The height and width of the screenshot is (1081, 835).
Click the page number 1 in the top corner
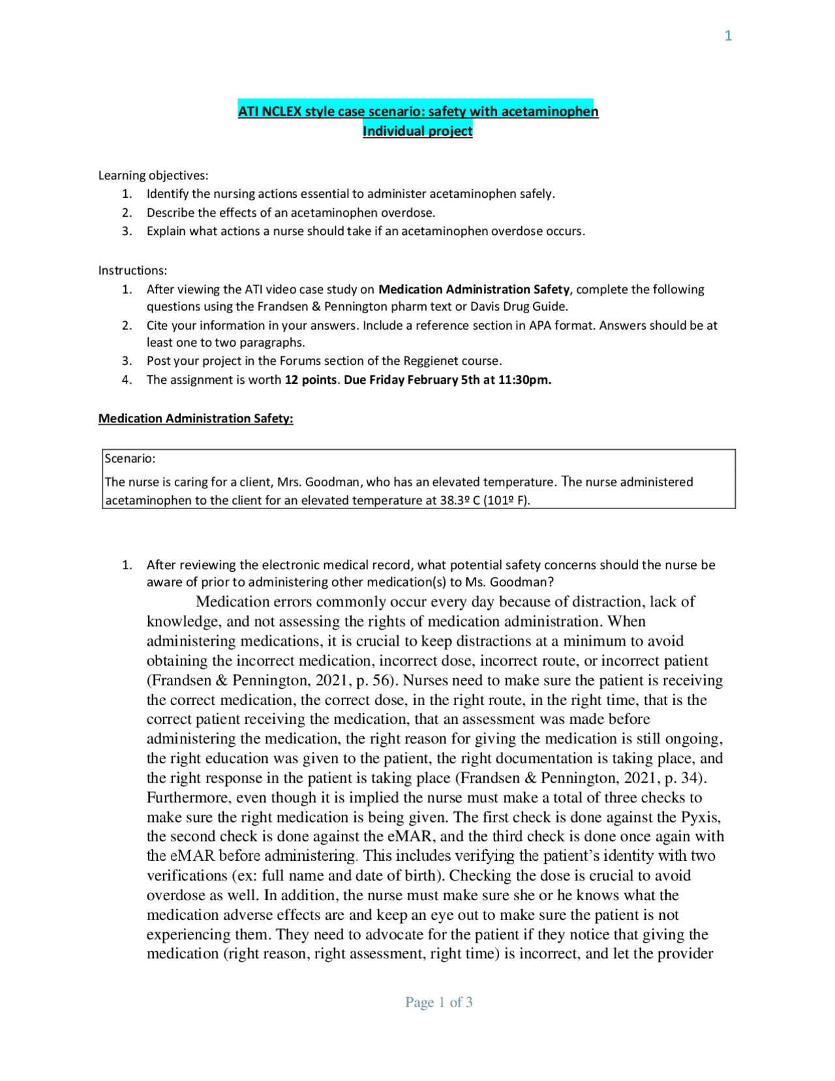point(728,36)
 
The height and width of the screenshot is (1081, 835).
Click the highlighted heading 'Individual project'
point(417,131)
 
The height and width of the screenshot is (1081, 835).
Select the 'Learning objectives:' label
point(153,176)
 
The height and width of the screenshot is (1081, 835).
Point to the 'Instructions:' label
point(132,270)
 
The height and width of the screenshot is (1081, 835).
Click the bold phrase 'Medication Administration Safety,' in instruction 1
point(475,289)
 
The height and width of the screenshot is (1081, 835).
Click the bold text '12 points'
point(311,380)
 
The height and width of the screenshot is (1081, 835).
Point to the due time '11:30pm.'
point(524,380)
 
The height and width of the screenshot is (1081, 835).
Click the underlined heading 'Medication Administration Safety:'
point(196,418)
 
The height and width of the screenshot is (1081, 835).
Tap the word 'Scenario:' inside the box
point(130,459)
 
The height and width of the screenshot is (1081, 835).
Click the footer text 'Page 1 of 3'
point(438,1002)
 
